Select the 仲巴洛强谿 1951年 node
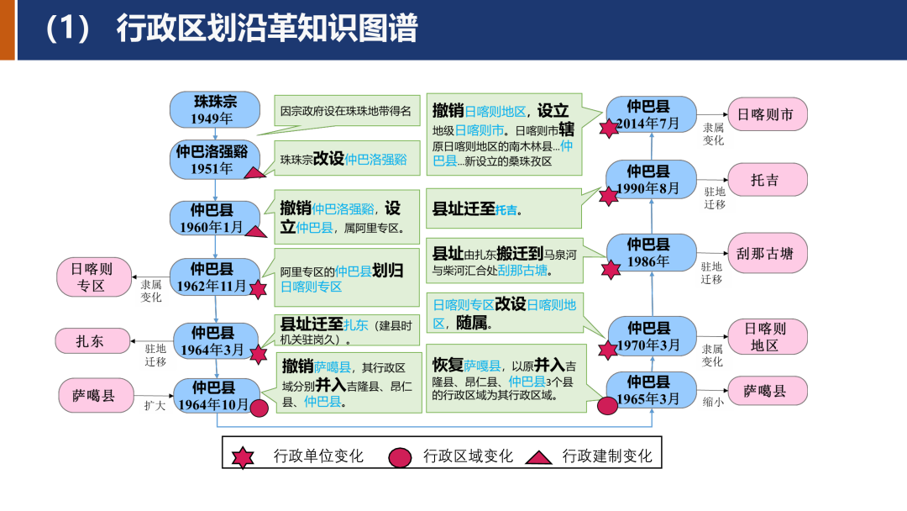[x=216, y=160]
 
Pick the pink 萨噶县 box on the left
[x=93, y=395]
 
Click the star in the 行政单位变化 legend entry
[x=244, y=456]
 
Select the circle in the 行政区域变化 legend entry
[x=401, y=457]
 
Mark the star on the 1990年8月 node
[x=609, y=196]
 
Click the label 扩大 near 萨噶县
[x=155, y=405]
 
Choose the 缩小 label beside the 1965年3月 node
[x=713, y=402]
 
